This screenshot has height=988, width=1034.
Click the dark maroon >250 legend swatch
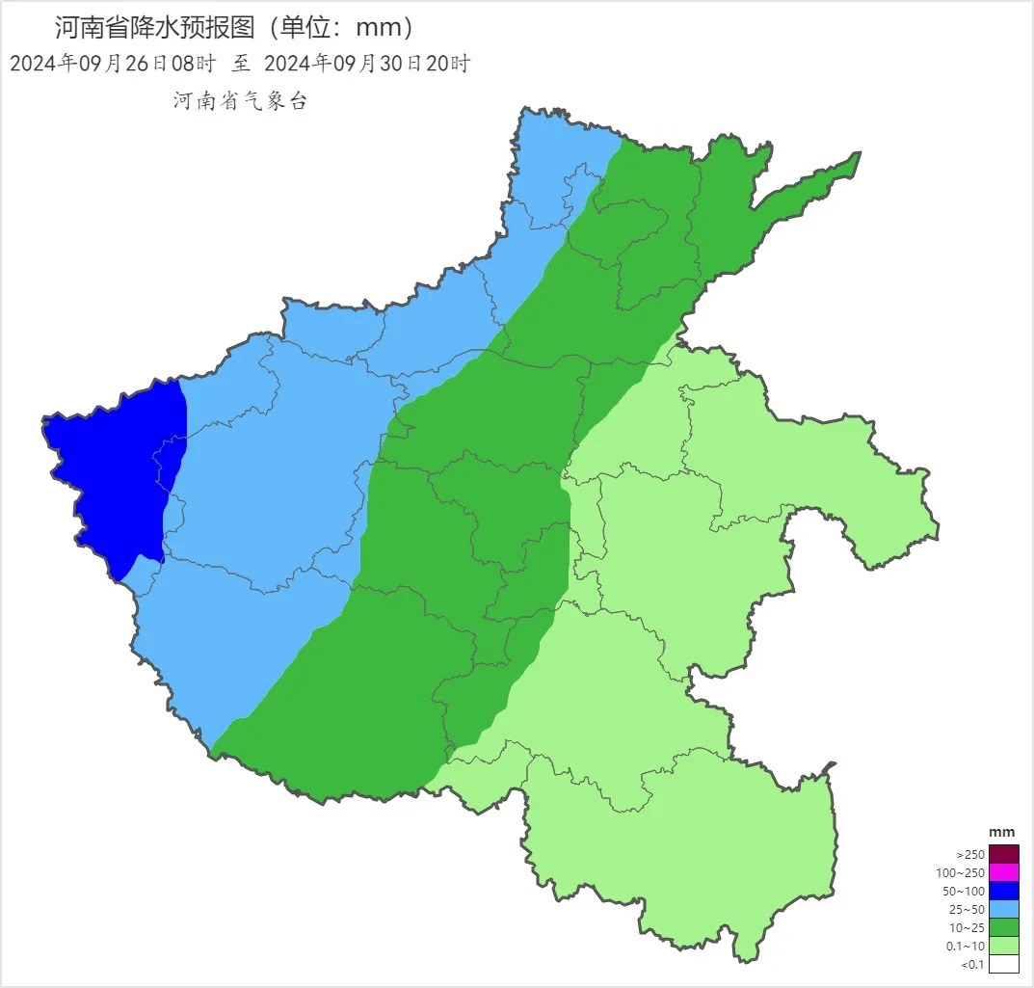tap(1003, 854)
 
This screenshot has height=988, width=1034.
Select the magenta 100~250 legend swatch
tap(1003, 872)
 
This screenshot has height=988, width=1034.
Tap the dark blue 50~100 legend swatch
tap(1003, 891)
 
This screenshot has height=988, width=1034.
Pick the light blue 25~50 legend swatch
tap(1003, 909)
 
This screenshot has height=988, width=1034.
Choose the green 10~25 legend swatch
tap(1003, 927)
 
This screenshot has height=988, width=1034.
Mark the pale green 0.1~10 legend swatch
tap(1003, 946)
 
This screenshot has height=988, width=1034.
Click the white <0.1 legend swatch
tap(1003, 964)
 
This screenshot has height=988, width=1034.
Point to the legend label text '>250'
tap(970, 855)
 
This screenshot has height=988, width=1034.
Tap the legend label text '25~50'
tap(968, 910)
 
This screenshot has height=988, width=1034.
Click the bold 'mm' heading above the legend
tap(1002, 833)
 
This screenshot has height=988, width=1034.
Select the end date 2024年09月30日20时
tap(366, 65)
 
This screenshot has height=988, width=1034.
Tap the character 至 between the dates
tap(240, 65)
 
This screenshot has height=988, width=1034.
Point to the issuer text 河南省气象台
tap(240, 101)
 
